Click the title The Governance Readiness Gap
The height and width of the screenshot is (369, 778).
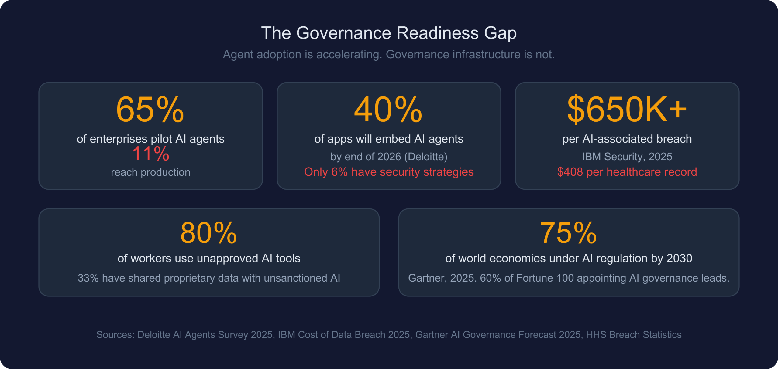click(389, 33)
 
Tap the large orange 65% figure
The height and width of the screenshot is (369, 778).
click(150, 110)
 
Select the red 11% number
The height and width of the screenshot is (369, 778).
click(150, 154)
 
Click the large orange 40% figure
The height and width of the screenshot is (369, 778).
click(388, 110)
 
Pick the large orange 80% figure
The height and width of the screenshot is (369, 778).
click(208, 233)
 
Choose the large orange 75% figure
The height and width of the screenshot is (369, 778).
click(568, 233)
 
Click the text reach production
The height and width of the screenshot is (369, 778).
click(150, 172)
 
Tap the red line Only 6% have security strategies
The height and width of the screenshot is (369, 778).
click(389, 172)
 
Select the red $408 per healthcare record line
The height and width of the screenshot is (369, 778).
click(627, 172)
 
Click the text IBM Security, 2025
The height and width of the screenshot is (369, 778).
click(627, 157)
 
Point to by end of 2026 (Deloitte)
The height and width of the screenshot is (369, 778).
click(389, 157)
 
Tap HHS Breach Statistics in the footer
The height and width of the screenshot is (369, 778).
click(634, 335)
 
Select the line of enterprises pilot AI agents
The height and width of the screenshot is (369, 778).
click(150, 139)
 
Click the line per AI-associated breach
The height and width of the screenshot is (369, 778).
click(627, 139)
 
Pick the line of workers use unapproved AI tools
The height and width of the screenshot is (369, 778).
click(209, 259)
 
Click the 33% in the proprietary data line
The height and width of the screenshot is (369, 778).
click(88, 278)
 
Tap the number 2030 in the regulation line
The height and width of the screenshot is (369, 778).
click(679, 259)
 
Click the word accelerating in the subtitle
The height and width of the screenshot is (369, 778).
click(349, 55)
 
